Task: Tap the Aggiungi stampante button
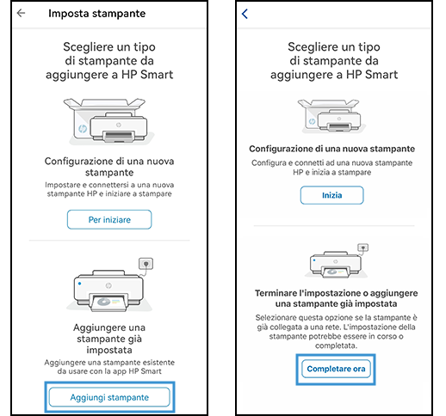[x=109, y=397]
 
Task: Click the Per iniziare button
[x=109, y=219]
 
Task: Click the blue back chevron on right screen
[x=245, y=14]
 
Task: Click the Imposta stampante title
[x=96, y=14]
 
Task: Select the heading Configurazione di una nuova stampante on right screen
[x=332, y=149]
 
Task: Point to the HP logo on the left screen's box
[x=81, y=123]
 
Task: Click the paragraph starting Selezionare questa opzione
[x=332, y=330]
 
